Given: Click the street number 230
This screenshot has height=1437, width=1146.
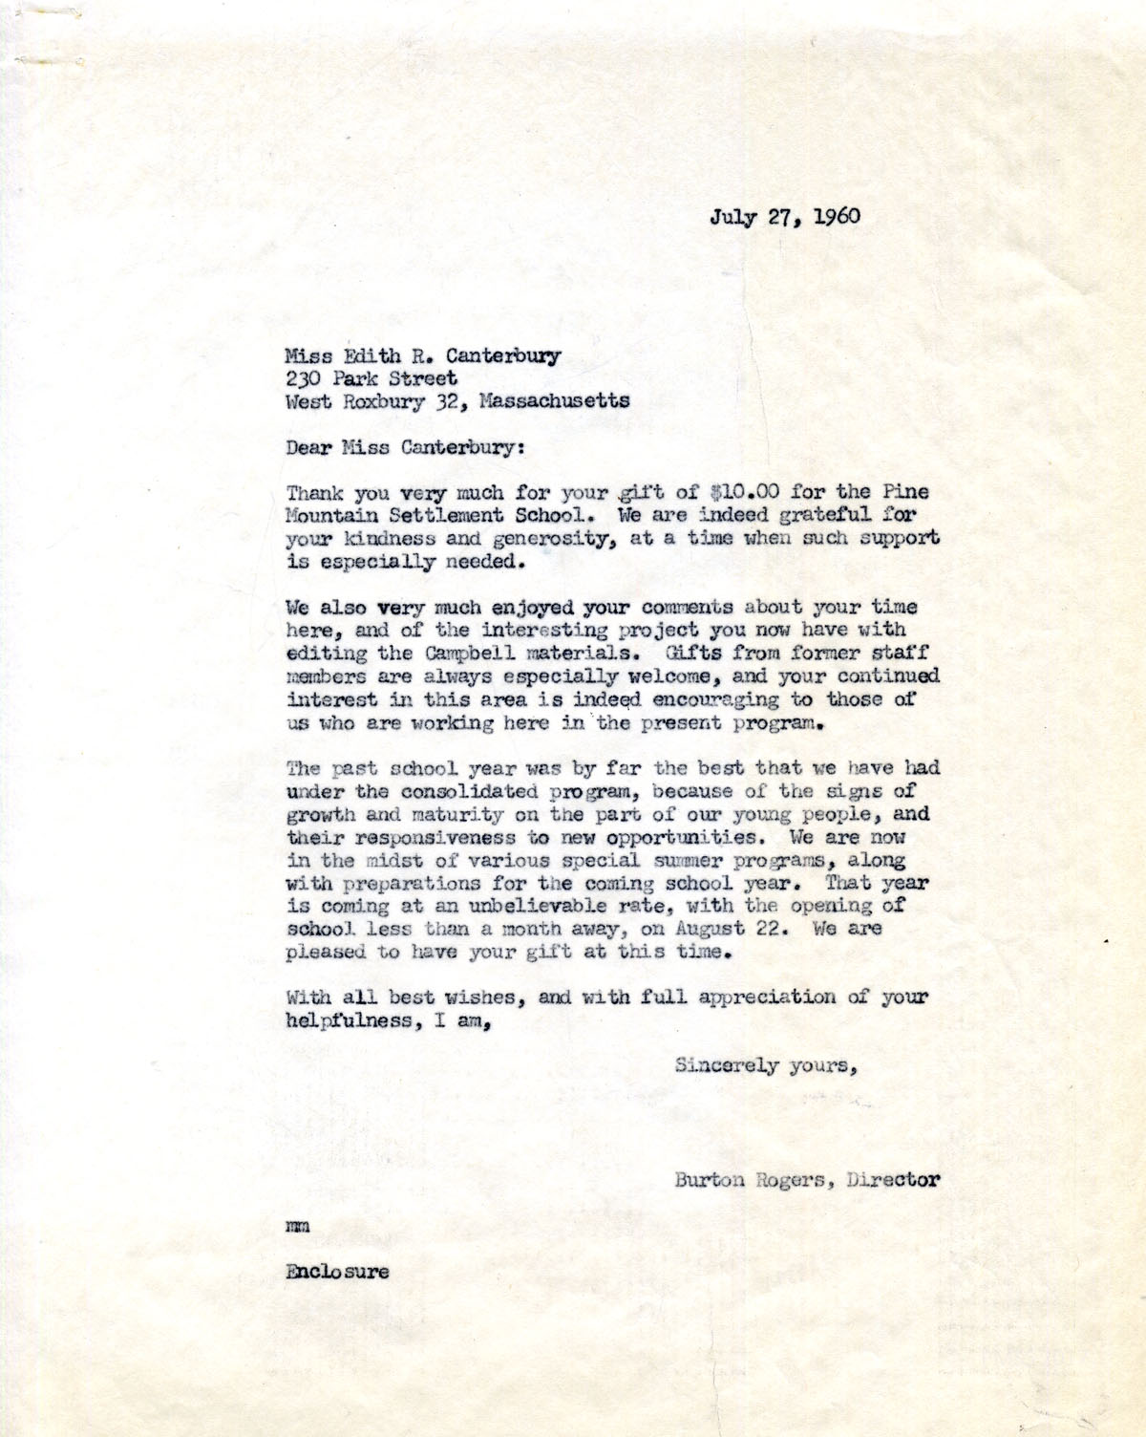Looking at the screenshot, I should click(303, 378).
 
